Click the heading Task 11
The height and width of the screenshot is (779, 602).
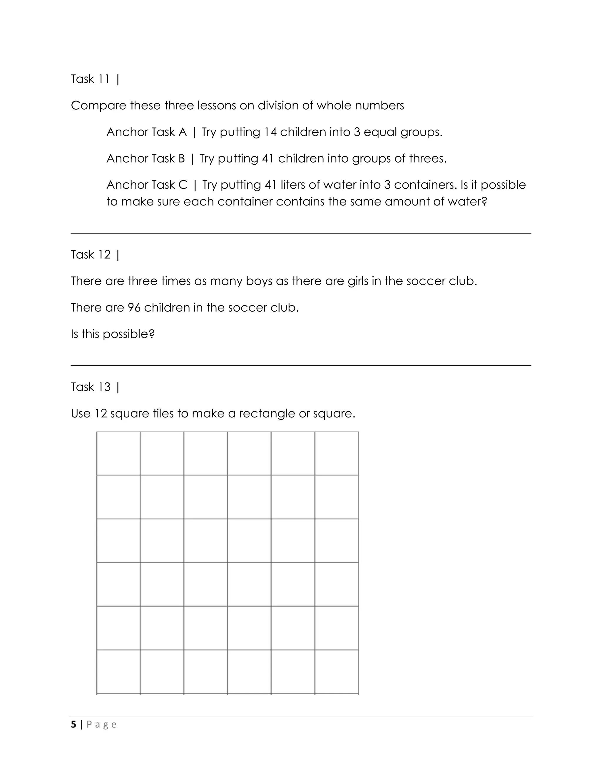coord(90,79)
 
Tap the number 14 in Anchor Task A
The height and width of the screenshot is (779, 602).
coord(270,132)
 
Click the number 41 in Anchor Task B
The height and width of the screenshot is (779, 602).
coord(268,159)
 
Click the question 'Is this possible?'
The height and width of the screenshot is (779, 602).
coord(113,334)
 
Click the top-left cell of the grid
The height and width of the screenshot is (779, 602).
coord(118,453)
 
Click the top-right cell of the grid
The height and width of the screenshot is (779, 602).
coord(337,453)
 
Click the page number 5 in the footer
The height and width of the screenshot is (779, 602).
coord(73,724)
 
